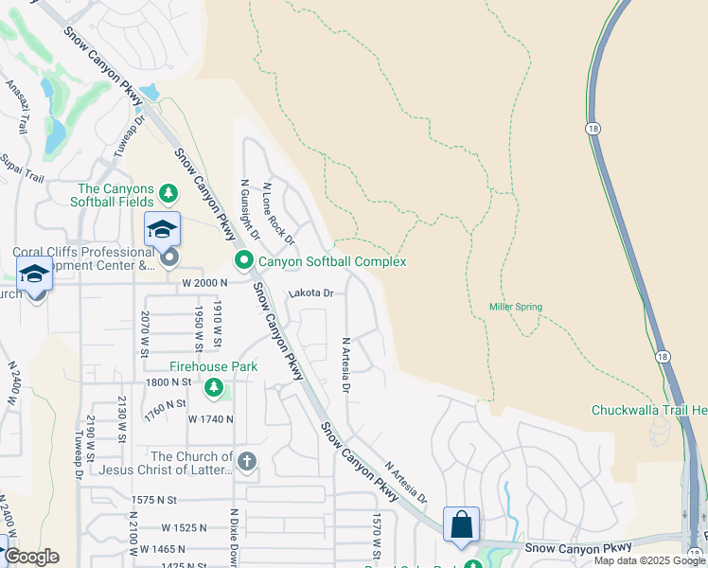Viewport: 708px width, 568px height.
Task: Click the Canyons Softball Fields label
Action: tap(115, 194)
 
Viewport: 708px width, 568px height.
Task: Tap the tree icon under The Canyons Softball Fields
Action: tap(169, 194)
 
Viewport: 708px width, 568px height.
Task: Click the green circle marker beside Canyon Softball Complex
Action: tap(243, 260)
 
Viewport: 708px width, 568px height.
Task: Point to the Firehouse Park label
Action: tap(214, 366)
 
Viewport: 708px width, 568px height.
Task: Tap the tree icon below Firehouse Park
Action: tap(215, 386)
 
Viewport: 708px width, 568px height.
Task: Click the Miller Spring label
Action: tap(515, 307)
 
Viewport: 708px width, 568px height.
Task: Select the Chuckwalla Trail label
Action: tap(649, 410)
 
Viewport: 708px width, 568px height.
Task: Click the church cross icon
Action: tap(247, 461)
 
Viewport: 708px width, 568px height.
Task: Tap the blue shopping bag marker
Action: tap(461, 524)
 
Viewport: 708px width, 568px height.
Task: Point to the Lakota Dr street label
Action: tap(311, 293)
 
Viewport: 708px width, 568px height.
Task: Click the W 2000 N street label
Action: tap(205, 283)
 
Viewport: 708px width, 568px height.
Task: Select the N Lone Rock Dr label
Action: tap(278, 212)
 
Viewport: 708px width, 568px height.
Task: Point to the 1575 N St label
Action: tap(155, 499)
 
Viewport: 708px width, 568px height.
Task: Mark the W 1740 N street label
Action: tap(210, 418)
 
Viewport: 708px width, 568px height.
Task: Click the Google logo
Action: tap(31, 557)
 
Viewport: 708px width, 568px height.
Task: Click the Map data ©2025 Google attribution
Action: tap(649, 560)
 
